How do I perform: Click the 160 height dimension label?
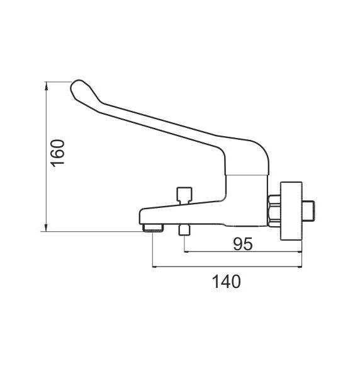[x=58, y=153]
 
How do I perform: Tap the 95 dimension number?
[x=243, y=244]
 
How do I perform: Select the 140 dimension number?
[x=226, y=282]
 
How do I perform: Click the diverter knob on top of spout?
[x=184, y=195]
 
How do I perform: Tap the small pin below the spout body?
[x=184, y=230]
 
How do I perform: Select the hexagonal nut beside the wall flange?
[x=274, y=210]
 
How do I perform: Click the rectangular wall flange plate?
[x=291, y=211]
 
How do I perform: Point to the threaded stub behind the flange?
[x=308, y=210]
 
